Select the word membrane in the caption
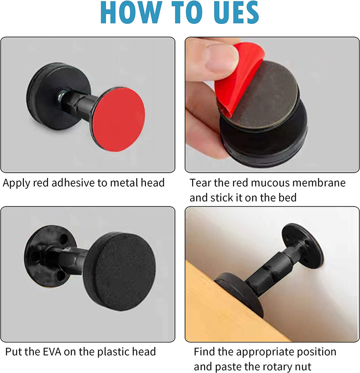pyautogui.click(x=321, y=183)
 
